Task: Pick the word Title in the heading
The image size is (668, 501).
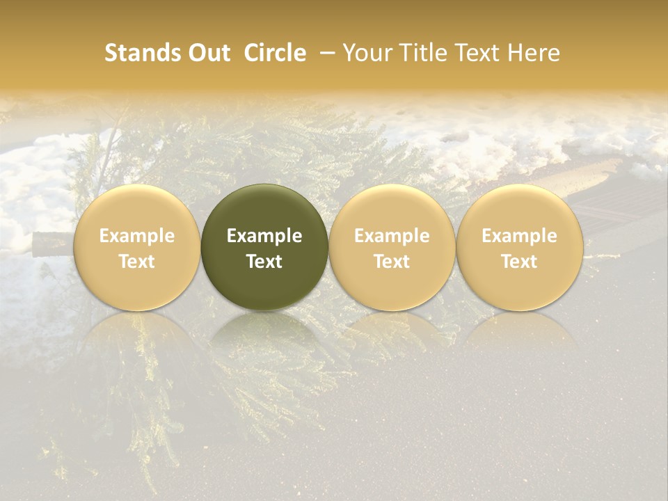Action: (420, 54)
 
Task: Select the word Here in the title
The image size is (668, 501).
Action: (534, 54)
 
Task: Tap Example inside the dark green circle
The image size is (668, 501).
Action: (264, 236)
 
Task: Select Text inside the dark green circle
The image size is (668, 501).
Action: (264, 262)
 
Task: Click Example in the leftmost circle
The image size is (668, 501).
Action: (137, 236)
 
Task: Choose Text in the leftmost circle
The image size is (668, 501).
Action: (137, 262)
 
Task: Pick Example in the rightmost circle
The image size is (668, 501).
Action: (520, 236)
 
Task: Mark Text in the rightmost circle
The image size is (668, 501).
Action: (520, 262)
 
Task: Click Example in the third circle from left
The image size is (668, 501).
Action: (392, 236)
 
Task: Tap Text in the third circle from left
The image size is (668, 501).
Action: (392, 262)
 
